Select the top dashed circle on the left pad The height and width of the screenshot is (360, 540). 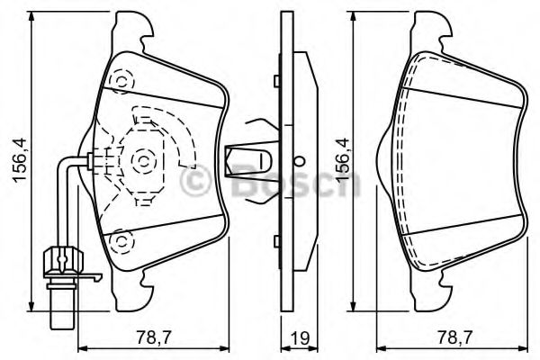click(x=119, y=80)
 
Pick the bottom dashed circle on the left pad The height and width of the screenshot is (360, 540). click(x=119, y=240)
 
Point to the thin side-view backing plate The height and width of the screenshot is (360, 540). click(x=283, y=162)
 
